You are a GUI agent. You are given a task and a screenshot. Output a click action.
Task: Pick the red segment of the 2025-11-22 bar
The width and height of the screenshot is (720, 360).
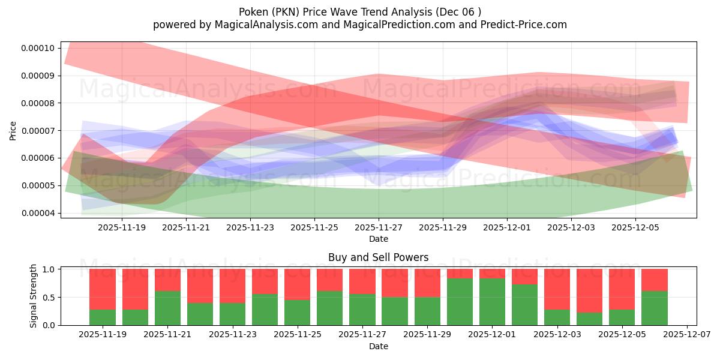(200, 286)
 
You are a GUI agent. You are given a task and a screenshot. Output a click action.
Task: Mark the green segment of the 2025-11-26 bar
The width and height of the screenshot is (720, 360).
(329, 308)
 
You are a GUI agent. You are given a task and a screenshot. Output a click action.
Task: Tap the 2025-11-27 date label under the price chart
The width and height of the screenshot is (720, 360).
(379, 227)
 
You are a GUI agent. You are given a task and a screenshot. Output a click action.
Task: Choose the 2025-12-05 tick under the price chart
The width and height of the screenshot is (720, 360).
(636, 227)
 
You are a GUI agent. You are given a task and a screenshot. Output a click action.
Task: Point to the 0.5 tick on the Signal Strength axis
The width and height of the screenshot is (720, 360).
(50, 298)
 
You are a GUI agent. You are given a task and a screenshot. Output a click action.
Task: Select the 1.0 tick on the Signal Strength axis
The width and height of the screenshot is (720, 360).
(50, 269)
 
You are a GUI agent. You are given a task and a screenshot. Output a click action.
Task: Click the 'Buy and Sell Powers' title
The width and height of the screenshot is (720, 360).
(378, 257)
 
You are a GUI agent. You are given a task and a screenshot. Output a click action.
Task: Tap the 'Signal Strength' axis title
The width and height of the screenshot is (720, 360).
(34, 296)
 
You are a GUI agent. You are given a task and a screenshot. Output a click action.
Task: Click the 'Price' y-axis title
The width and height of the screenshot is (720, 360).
(13, 131)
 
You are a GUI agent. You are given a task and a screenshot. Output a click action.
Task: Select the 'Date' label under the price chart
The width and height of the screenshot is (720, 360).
(378, 239)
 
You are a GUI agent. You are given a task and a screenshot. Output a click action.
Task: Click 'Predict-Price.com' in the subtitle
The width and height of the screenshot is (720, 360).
(526, 25)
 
